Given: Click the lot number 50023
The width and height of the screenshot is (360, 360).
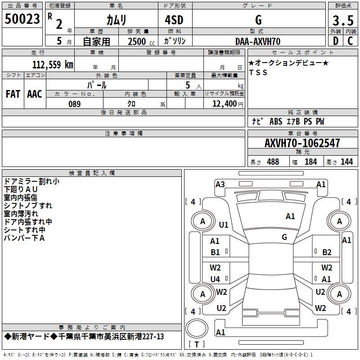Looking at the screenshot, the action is point(22,19).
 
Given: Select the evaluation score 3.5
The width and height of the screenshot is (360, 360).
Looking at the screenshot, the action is point(343,21).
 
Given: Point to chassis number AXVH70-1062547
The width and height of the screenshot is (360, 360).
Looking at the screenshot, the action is point(302,143).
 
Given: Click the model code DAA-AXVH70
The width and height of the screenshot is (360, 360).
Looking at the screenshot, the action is point(258,41).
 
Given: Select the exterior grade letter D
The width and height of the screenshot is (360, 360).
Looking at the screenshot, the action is point(335,41).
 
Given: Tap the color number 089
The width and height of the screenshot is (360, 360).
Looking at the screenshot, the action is point(74,104).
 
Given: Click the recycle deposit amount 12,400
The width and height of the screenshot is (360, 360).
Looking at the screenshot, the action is point(223,104).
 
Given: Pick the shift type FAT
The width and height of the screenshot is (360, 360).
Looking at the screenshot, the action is point(13,94).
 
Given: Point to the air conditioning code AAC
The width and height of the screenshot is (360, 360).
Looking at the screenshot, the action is point(35,94).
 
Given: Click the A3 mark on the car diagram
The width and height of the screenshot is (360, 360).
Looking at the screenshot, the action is point(220,184).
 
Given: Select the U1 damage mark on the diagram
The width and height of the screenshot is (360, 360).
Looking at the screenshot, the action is point(224,225).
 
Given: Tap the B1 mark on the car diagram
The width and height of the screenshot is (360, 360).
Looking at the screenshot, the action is point(216,252).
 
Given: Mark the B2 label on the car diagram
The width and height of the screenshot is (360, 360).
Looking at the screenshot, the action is point(327,252).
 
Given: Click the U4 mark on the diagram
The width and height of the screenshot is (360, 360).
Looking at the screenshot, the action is point(216,279).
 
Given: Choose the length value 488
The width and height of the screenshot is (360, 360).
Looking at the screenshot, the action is point(273,162).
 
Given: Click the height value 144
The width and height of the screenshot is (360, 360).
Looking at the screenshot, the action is point(346,162).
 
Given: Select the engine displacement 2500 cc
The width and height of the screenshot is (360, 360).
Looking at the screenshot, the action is point(139,41).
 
